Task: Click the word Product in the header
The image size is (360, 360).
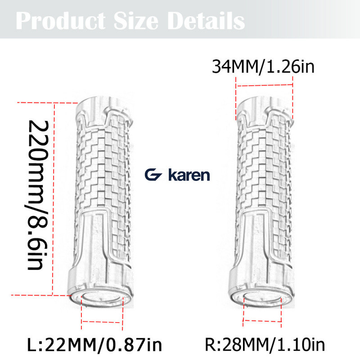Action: pyautogui.click(x=61, y=21)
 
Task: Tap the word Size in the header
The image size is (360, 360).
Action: pyautogui.click(x=136, y=21)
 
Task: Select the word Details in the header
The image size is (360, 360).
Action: pyautogui.click(x=206, y=21)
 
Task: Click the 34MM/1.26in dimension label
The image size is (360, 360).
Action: pyautogui.click(x=263, y=67)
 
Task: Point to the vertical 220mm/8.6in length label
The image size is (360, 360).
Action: pyautogui.click(x=38, y=195)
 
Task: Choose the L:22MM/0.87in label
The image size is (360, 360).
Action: pyautogui.click(x=94, y=345)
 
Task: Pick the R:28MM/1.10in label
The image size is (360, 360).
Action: pyautogui.click(x=265, y=345)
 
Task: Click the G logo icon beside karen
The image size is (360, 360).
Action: pyautogui.click(x=153, y=175)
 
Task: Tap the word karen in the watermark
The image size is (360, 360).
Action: pyautogui.click(x=189, y=175)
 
